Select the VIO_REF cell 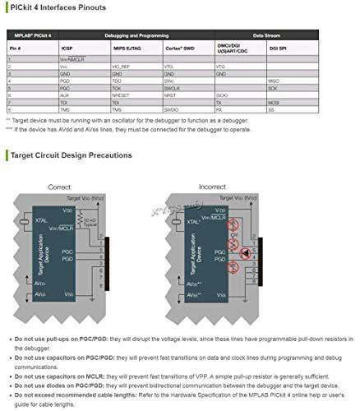(123, 67)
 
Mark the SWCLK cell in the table (175, 88)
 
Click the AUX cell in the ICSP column (66, 95)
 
